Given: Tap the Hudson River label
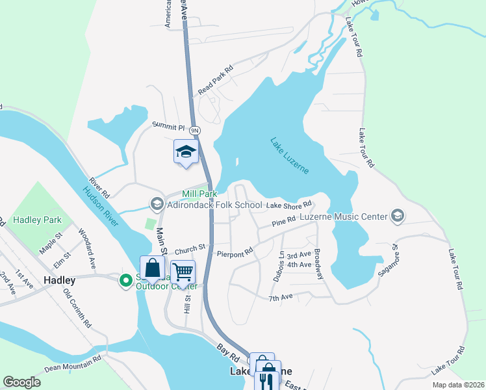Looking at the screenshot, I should coord(101,207).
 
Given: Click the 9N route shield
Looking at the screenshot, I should coord(196,131).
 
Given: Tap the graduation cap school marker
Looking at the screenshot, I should coord(186,152).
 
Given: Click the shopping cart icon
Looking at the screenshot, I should coord(183,272).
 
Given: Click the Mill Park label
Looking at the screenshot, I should coord(199,194).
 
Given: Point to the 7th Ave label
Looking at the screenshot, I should coord(281,297).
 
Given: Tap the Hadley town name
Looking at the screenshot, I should coord(60,280).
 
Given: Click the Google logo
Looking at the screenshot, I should coord(21,382).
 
